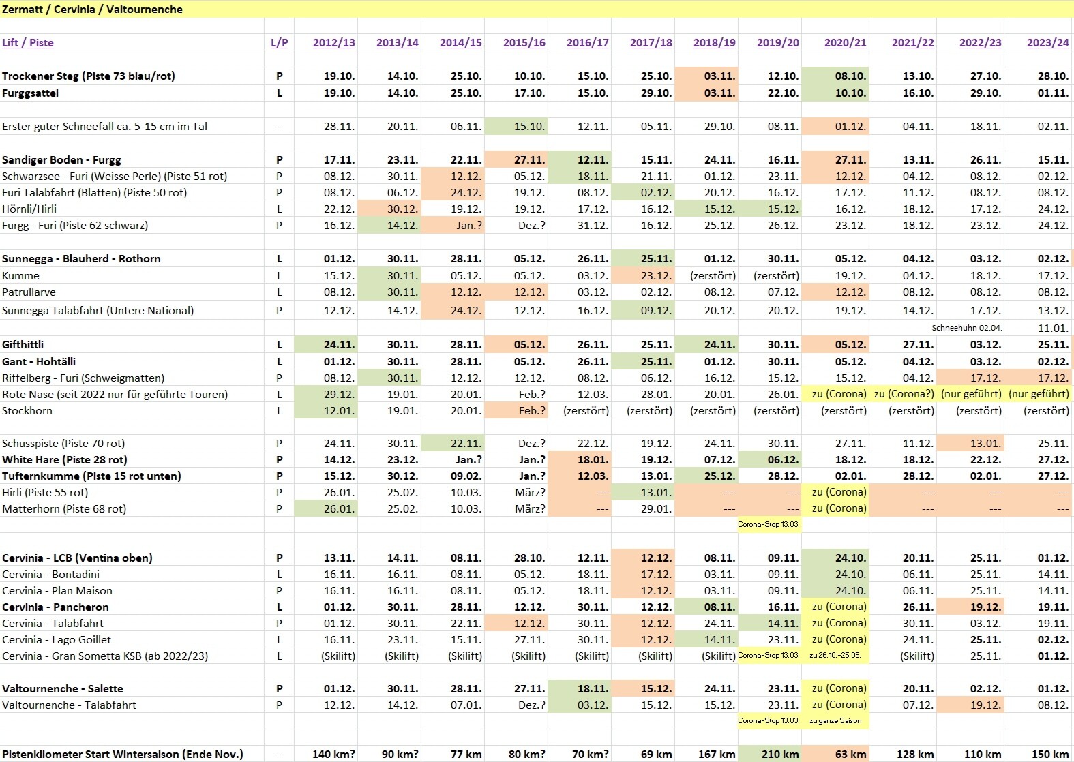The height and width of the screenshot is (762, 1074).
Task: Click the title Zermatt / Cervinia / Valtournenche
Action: pyautogui.click(x=92, y=10)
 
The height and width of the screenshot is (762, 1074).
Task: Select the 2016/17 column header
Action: pyautogui.click(x=587, y=42)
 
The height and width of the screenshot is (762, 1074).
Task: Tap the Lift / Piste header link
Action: pyautogui.click(x=28, y=42)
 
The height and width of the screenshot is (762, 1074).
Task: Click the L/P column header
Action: pyautogui.click(x=279, y=42)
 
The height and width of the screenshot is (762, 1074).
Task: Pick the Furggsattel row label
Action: pyautogui.click(x=31, y=93)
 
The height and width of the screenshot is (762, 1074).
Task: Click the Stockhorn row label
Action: pyautogui.click(x=27, y=410)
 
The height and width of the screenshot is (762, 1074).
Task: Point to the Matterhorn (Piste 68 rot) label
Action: pyautogui.click(x=64, y=508)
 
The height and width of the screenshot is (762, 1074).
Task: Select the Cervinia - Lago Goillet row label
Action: pyautogui.click(x=57, y=639)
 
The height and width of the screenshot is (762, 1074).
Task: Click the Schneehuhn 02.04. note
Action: pyautogui.click(x=966, y=328)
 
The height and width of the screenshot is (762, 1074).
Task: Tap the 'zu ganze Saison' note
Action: pyautogui.click(x=835, y=720)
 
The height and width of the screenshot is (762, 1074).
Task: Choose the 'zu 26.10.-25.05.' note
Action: pyautogui.click(x=835, y=656)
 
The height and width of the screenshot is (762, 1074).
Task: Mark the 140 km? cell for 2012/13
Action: pyautogui.click(x=333, y=754)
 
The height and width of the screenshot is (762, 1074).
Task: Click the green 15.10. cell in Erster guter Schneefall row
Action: pyautogui.click(x=529, y=126)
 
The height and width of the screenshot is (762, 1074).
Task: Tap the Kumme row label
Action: pyautogui.click(x=21, y=275)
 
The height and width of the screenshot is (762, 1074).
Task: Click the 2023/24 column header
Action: pyautogui.click(x=1047, y=42)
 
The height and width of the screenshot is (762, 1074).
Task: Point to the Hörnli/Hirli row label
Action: pyautogui.click(x=29, y=209)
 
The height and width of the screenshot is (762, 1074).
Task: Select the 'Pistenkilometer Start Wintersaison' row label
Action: pyautogui.click(x=123, y=754)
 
